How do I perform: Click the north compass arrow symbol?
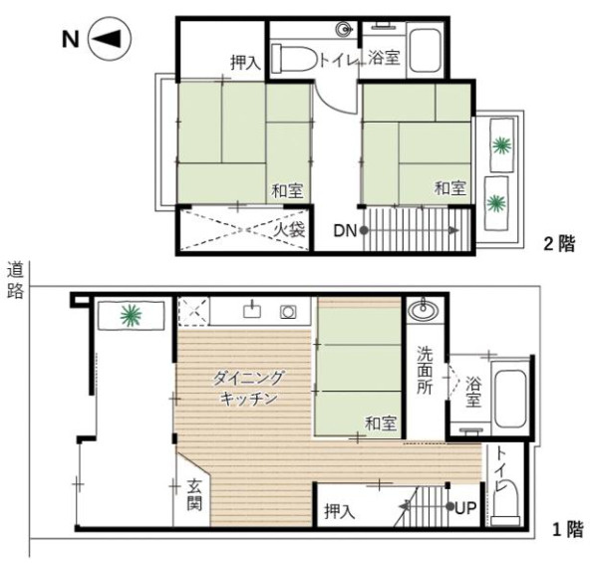[x=110, y=39]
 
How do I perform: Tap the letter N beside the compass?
[x=71, y=39]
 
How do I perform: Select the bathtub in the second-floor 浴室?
[x=425, y=51]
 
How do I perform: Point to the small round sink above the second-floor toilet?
[x=344, y=29]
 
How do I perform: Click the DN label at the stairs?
[x=345, y=231]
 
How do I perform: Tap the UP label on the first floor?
[x=465, y=508]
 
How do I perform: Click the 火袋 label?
[x=289, y=230]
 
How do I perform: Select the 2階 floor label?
[x=559, y=244]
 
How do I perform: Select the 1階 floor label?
[x=568, y=530]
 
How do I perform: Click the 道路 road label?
[x=15, y=280]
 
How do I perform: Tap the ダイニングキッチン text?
[x=248, y=388]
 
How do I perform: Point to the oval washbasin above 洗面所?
[x=424, y=311]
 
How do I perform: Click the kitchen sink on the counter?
[x=252, y=310]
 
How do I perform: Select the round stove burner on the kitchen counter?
[x=288, y=312]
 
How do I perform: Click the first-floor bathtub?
[x=510, y=400]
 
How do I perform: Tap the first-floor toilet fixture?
[x=505, y=503]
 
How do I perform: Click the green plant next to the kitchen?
[x=131, y=315]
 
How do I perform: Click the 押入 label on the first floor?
[x=340, y=511]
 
